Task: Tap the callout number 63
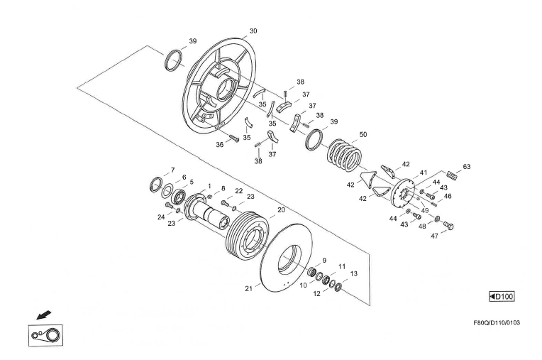coord(466,167)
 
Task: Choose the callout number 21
coord(248,288)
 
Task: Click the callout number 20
coord(281,209)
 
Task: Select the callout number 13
coord(354,273)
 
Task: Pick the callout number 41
coord(424,173)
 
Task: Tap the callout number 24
coord(161,217)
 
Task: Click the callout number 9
coord(323,261)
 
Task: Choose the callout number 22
coord(239,191)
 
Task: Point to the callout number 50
coord(363,134)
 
